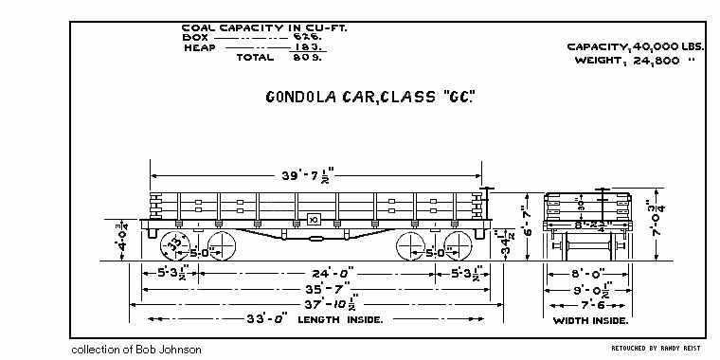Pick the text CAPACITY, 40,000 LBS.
point(636,46)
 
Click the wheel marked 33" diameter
point(174,242)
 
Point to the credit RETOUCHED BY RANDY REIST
point(653,348)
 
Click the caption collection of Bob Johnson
point(136,350)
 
